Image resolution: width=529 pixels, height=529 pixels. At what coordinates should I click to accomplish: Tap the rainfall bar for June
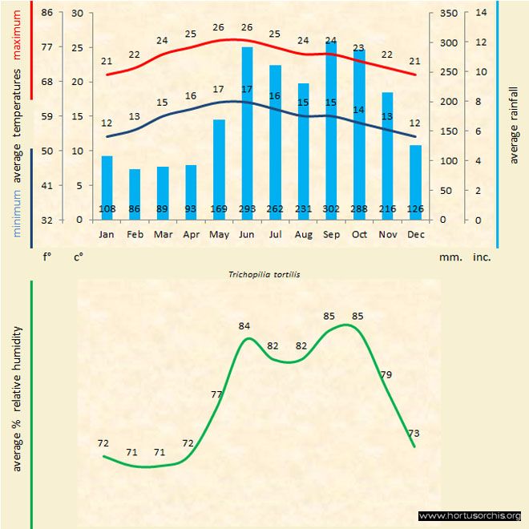(x=247, y=132)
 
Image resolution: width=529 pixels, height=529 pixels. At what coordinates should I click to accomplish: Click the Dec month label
(x=415, y=235)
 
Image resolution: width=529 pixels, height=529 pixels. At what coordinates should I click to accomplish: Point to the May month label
(x=219, y=235)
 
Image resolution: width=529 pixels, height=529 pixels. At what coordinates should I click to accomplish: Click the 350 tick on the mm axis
(x=449, y=13)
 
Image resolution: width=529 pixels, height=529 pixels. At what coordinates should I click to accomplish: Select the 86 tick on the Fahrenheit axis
(x=47, y=13)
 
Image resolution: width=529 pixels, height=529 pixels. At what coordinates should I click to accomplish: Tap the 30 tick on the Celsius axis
(x=77, y=13)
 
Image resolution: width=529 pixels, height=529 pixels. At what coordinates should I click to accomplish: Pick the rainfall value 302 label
(x=331, y=209)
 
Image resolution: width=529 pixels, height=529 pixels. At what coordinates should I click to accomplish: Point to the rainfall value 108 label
(x=107, y=209)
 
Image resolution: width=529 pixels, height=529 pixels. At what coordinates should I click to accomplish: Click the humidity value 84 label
(x=245, y=325)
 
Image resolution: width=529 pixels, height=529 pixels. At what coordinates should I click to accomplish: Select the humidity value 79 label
(x=386, y=374)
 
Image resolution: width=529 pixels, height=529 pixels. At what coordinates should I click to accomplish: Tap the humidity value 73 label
(x=414, y=434)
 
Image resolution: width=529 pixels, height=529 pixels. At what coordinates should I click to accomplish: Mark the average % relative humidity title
(x=16, y=398)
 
